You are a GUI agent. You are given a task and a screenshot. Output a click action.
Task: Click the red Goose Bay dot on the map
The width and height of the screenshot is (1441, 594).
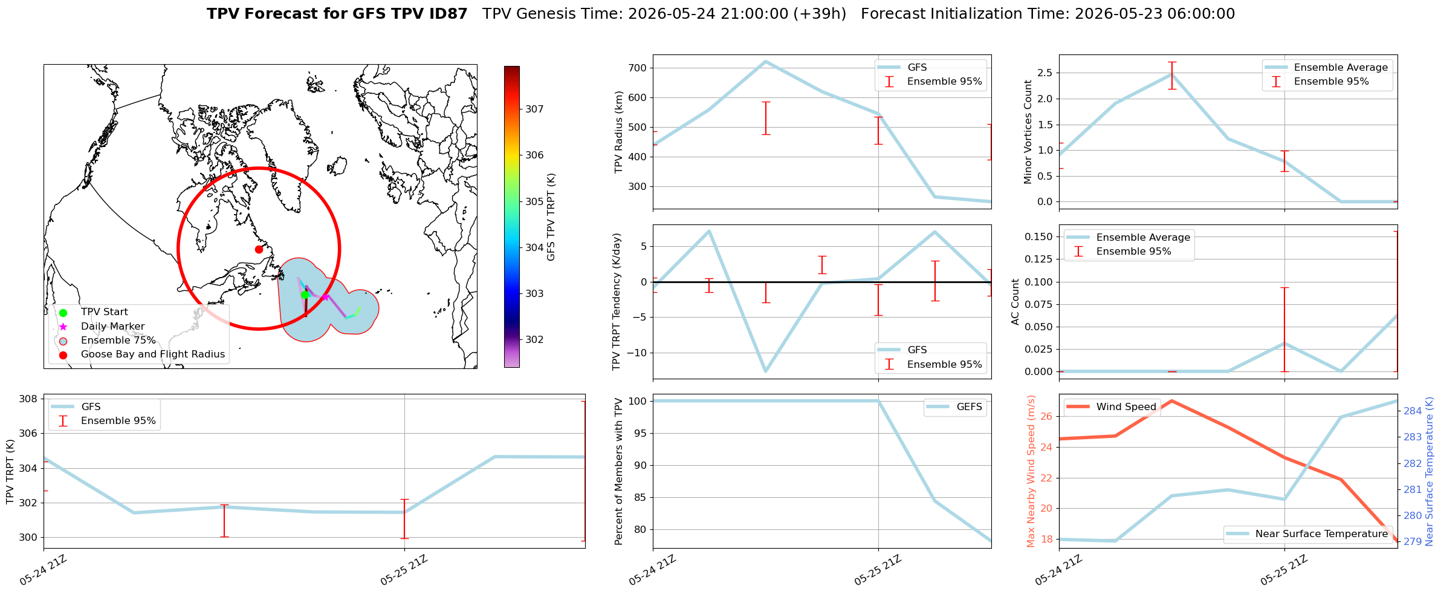pyautogui.click(x=259, y=249)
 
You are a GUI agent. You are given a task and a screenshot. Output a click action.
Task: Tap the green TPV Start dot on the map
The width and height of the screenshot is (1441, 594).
pyautogui.click(x=305, y=295)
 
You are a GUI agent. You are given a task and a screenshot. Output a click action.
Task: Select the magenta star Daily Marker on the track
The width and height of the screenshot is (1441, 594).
pyautogui.click(x=325, y=297)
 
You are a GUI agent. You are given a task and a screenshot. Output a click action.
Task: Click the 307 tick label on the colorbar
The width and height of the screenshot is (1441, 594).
pyautogui.click(x=534, y=109)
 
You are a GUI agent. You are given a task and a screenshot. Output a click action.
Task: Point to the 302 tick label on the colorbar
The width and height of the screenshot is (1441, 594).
pyautogui.click(x=534, y=340)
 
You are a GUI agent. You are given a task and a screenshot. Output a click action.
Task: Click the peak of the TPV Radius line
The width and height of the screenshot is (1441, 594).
pyautogui.click(x=765, y=61)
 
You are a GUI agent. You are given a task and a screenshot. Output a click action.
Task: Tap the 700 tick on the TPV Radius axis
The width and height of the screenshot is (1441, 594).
pyautogui.click(x=640, y=68)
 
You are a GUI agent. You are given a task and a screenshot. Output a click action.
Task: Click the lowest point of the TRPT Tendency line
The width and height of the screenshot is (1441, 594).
pyautogui.click(x=765, y=371)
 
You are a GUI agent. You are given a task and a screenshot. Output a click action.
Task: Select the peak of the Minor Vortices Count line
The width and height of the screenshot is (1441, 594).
pyautogui.click(x=1171, y=74)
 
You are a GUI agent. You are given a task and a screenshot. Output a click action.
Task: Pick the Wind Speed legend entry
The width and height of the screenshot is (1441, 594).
pyautogui.click(x=1112, y=407)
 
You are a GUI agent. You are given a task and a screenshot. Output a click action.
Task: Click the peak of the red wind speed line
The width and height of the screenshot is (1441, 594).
pyautogui.click(x=1171, y=400)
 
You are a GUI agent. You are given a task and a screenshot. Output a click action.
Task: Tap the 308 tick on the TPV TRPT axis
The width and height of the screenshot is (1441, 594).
pyautogui.click(x=29, y=399)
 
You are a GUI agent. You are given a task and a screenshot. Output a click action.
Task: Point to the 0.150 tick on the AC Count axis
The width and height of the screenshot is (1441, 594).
pyautogui.click(x=1039, y=237)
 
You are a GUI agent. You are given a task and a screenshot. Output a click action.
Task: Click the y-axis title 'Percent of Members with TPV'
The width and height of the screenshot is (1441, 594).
pyautogui.click(x=618, y=471)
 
